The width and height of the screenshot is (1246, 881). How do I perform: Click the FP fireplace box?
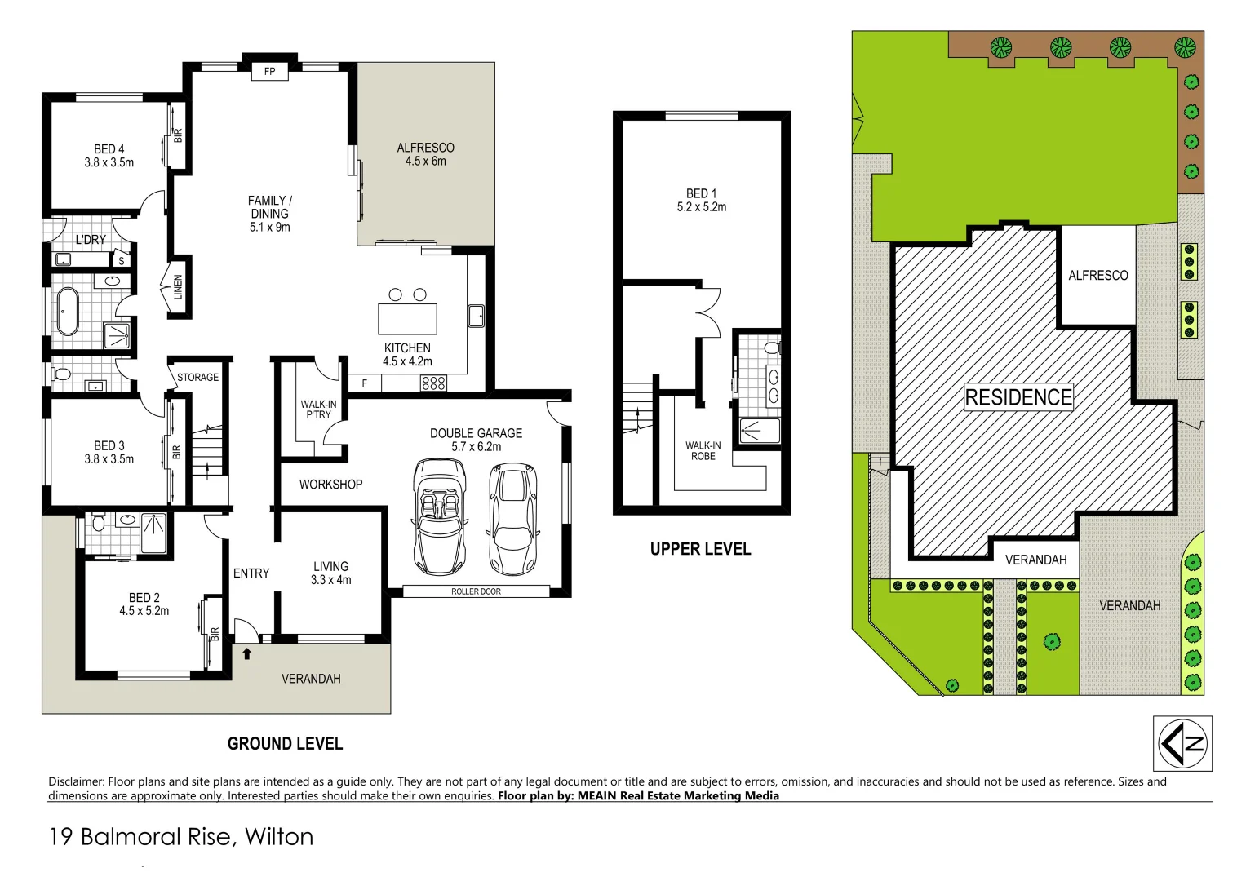269,71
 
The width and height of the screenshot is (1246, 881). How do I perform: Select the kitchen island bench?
407,318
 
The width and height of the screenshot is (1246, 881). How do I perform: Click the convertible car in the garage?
440,516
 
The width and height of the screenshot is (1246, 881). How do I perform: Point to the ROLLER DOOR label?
476,591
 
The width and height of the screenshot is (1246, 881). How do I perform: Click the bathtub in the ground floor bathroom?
68,311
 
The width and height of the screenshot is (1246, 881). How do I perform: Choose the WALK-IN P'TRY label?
318,410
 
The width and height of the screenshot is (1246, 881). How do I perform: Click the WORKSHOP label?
330,485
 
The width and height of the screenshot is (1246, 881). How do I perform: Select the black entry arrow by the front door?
246,653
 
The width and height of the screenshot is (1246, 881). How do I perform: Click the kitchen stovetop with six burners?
433,383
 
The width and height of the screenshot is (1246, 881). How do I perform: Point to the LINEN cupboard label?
178,286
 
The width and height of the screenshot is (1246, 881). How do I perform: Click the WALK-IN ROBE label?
703,451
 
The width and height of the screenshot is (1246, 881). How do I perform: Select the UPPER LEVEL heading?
700,549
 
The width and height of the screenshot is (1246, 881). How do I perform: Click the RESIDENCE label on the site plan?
1018,397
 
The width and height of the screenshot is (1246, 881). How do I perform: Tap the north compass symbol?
1182,743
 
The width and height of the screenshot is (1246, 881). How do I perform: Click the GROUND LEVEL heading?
285,744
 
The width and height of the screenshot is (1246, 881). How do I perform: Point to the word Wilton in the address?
279,837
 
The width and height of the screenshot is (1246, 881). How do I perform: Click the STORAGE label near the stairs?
197,378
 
